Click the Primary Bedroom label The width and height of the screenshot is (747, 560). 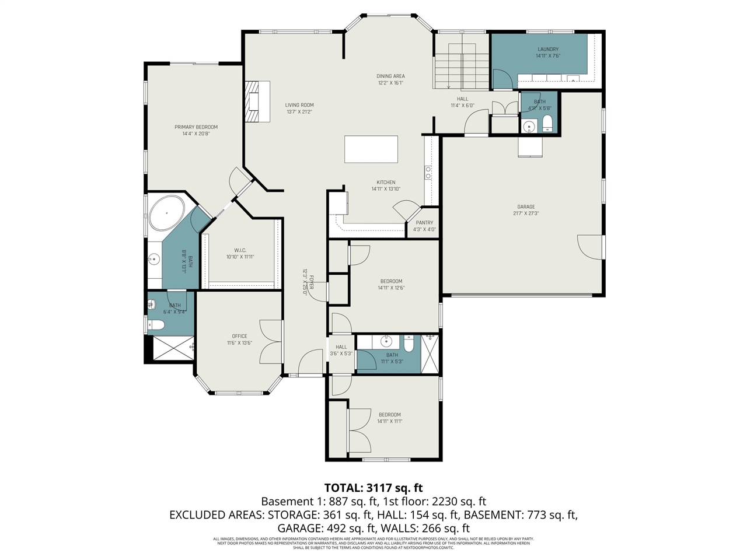(x=196, y=127)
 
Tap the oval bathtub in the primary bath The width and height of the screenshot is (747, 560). (x=167, y=213)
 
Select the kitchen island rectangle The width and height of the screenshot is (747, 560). (x=371, y=149)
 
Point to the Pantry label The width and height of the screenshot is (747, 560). (x=424, y=223)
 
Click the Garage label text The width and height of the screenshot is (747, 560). (x=526, y=207)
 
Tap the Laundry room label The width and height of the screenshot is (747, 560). (x=548, y=50)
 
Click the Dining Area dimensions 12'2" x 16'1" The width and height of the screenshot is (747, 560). (x=390, y=83)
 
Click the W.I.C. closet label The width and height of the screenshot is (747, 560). (x=240, y=250)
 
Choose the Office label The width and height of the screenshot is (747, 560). (x=239, y=336)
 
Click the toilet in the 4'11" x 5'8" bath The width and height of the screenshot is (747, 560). (x=547, y=123)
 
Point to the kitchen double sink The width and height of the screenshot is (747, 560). (x=428, y=172)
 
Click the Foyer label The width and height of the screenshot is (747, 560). (x=312, y=282)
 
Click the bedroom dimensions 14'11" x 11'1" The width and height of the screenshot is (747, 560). (x=389, y=421)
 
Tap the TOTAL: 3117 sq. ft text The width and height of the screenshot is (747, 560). (x=373, y=488)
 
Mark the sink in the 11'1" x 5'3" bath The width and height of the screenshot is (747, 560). (x=386, y=341)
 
